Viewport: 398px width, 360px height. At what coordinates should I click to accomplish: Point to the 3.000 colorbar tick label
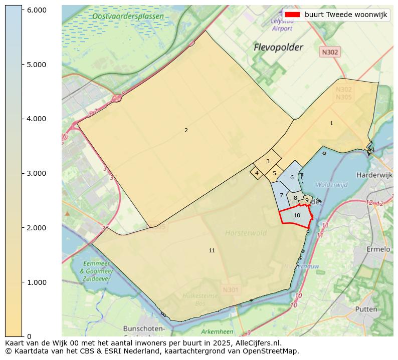click(36, 173)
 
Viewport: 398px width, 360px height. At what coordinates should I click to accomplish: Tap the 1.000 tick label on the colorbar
click(36, 282)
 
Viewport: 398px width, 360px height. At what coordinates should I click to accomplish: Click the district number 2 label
click(186, 130)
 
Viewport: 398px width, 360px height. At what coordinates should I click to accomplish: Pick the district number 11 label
click(212, 250)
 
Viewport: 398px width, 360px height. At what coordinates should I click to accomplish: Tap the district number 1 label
click(331, 123)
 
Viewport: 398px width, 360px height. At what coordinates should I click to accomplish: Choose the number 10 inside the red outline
click(297, 215)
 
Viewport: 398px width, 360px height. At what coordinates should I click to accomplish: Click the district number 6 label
click(292, 177)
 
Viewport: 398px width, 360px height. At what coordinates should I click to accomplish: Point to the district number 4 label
click(257, 173)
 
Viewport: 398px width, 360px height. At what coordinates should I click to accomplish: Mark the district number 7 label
click(281, 195)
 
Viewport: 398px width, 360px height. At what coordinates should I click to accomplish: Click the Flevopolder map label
click(278, 48)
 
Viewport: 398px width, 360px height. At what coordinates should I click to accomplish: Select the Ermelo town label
click(378, 249)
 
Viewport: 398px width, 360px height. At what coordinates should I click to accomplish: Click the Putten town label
click(366, 309)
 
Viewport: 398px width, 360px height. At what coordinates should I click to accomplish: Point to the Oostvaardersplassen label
click(128, 17)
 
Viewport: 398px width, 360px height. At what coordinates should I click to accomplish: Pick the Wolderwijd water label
click(331, 185)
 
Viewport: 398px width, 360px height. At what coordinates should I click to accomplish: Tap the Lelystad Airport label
click(282, 25)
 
